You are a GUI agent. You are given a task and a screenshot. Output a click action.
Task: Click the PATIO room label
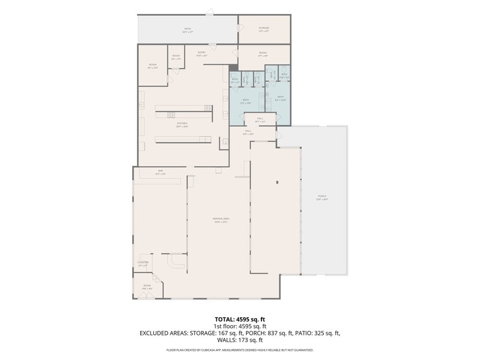pos(188,29)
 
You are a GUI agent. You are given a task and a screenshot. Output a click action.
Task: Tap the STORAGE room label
pos(263,28)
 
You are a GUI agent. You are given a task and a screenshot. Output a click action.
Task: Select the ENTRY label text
pos(201,54)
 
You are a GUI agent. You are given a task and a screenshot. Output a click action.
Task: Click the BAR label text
pos(160,172)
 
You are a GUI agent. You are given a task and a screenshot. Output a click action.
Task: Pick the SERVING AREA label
pos(220,220)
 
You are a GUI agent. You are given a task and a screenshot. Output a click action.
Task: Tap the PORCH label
pos(322,198)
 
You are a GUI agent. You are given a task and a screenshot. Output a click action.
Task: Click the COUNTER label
pos(143,263)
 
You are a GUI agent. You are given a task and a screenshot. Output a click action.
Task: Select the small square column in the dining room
pos(277,182)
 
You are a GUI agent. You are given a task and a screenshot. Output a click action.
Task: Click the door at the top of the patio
pos(210,12)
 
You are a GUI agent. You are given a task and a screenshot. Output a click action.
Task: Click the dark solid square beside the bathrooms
pos(233,68)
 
